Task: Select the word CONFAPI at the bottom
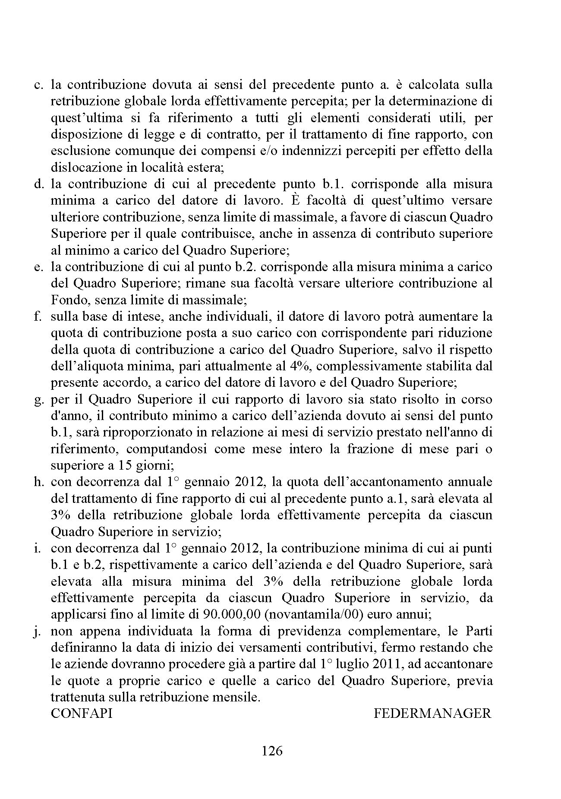(x=82, y=713)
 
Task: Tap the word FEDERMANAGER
(x=432, y=713)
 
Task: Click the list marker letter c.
(x=38, y=85)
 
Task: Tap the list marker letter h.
(x=38, y=482)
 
